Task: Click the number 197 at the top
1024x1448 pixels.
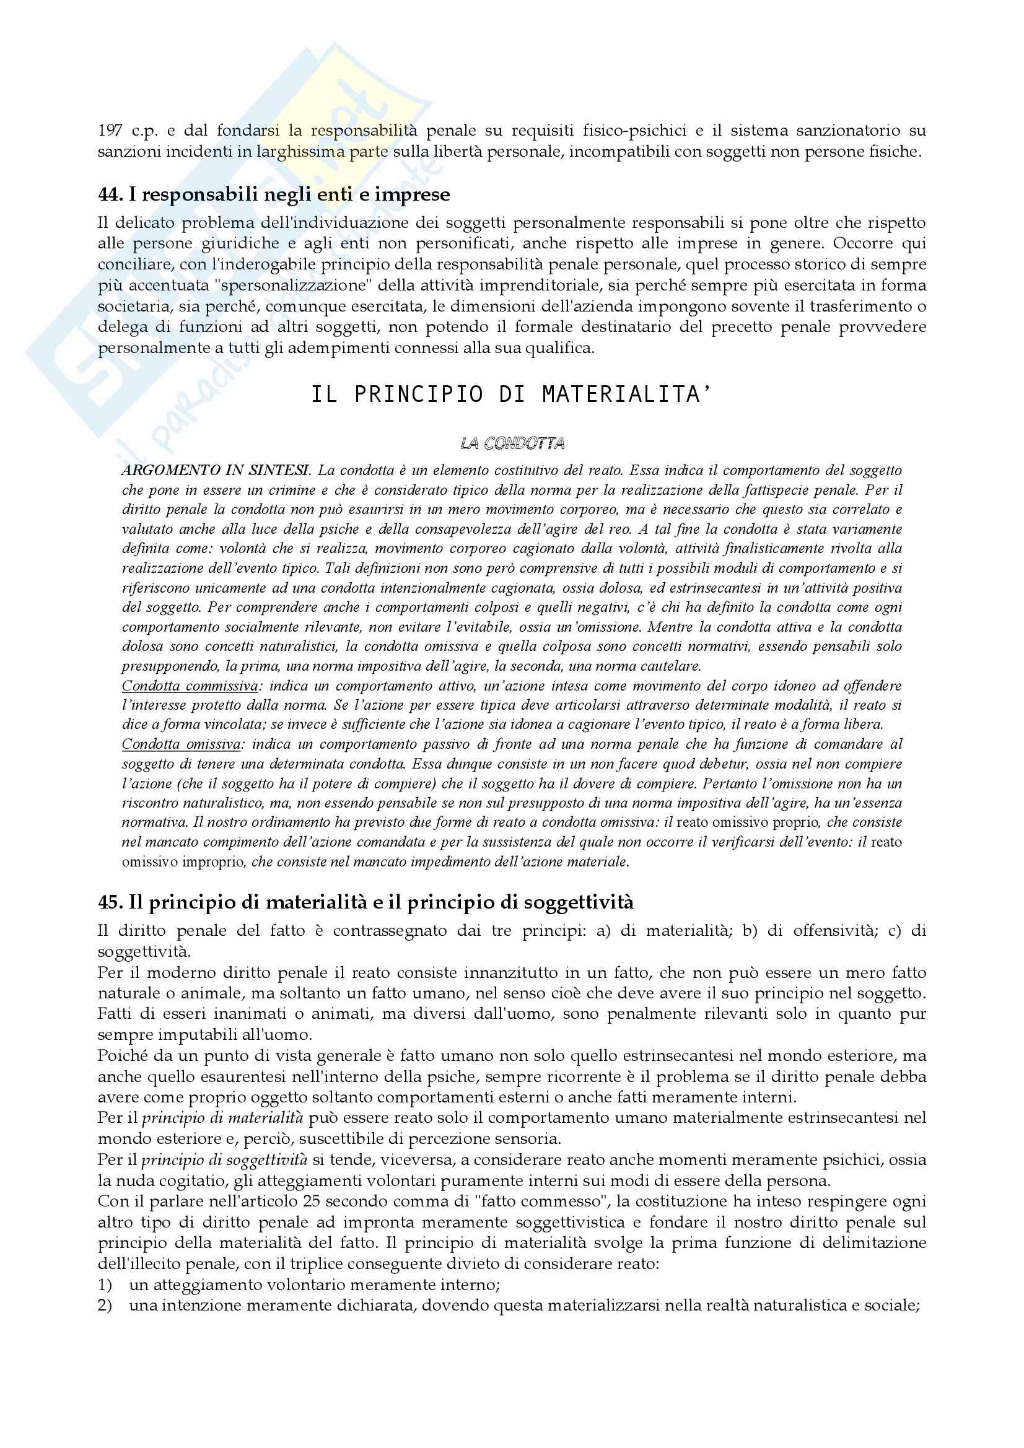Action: coord(110,131)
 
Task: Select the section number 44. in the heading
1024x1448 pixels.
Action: coord(110,194)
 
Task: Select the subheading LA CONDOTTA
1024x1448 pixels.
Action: coord(512,444)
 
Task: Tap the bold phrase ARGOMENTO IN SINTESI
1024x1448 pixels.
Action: coord(216,471)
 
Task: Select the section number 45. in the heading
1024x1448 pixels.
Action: coord(110,902)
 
